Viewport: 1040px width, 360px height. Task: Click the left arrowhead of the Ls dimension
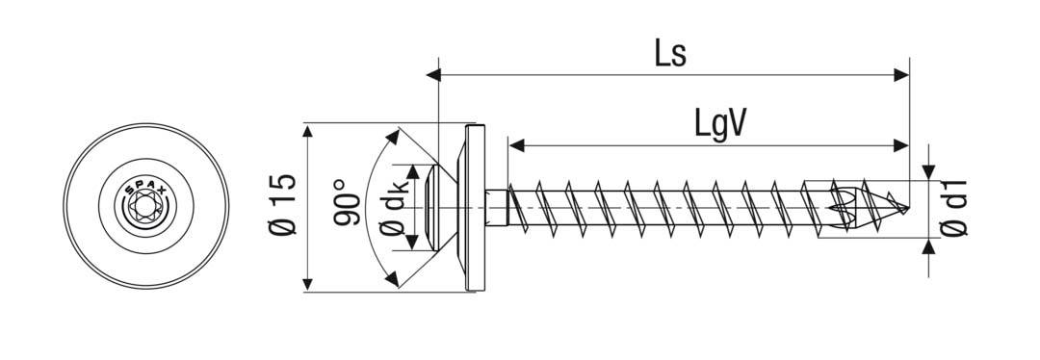pyautogui.click(x=444, y=72)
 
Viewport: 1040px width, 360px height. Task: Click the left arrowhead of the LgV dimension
pyautogui.click(x=515, y=145)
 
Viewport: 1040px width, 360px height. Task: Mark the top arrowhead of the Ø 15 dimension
pyautogui.click(x=307, y=128)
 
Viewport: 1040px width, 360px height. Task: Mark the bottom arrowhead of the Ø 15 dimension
pyautogui.click(x=307, y=285)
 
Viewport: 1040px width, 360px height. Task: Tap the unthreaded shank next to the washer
pyautogui.click(x=498, y=207)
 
